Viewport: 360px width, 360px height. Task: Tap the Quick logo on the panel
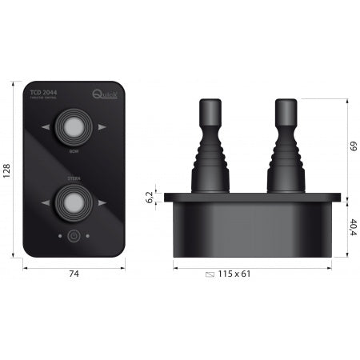coord(106,95)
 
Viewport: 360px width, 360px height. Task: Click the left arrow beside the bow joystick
coord(47,127)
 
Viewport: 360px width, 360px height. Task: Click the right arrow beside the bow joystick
coord(102,127)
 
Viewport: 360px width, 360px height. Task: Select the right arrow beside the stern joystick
coord(102,203)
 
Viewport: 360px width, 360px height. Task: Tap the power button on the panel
coord(74,236)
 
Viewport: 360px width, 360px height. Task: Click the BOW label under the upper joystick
coord(74,150)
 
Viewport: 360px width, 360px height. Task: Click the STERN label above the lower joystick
coord(74,179)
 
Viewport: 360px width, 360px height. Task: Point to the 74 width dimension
coord(74,274)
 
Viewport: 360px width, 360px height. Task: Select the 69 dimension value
coord(353,146)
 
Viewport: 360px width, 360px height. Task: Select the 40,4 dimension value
coord(353,226)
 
